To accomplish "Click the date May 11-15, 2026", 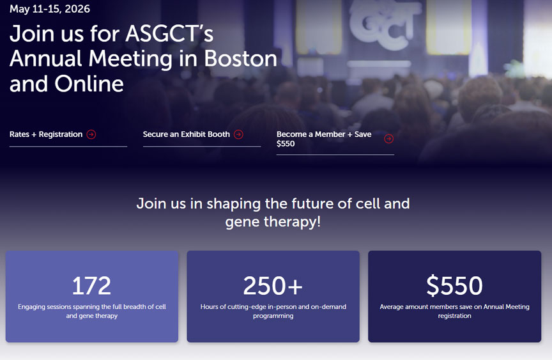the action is coord(50,9).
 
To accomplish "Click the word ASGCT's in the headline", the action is coord(169,33).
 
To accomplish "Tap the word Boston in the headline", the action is coord(240,58).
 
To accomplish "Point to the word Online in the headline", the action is coord(89,84).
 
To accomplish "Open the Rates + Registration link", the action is coord(46,134).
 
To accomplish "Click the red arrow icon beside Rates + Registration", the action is coord(91,134).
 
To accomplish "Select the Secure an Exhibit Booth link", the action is coord(186,134).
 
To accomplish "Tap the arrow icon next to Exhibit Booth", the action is coord(238,134).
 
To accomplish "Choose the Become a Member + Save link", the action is coord(324,134).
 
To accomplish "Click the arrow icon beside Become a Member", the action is coord(388,139).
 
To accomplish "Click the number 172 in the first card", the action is coord(91,286).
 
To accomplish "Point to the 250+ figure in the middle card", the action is coord(273,286).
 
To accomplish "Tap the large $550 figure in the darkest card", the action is coord(454,286).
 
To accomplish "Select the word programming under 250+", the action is coord(273,316).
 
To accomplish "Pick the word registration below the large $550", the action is coord(454,316).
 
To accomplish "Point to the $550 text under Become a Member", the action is coord(286,144).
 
